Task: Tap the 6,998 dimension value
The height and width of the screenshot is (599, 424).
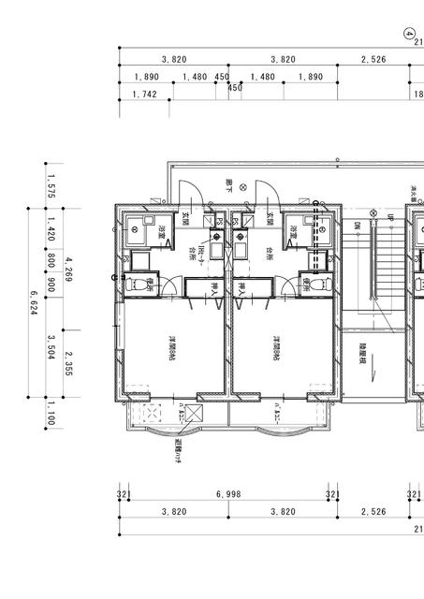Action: [228, 493]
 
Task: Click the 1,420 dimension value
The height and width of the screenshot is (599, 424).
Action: [51, 228]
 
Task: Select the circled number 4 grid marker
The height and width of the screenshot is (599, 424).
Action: [409, 32]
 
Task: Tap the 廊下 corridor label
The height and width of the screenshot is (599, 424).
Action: [229, 187]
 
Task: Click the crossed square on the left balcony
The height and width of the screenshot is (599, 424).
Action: [194, 415]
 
